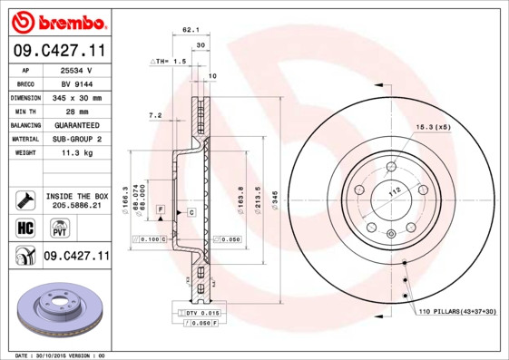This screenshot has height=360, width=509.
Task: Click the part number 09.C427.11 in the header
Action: [56, 51]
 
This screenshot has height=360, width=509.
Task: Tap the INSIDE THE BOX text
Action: [75, 196]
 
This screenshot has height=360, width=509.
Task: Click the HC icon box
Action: [24, 227]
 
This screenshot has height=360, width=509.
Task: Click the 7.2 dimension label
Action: [154, 115]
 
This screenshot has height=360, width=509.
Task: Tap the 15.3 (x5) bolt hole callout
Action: [433, 126]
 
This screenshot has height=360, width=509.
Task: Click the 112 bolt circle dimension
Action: [395, 191]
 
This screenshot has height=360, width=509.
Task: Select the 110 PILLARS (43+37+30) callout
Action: [457, 312]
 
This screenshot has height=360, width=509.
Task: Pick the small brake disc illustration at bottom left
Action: [56, 309]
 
